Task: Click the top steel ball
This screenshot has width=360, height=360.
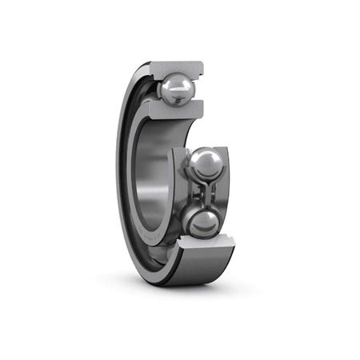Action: (174, 88)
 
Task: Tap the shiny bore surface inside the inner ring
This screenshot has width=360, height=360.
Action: (152, 176)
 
